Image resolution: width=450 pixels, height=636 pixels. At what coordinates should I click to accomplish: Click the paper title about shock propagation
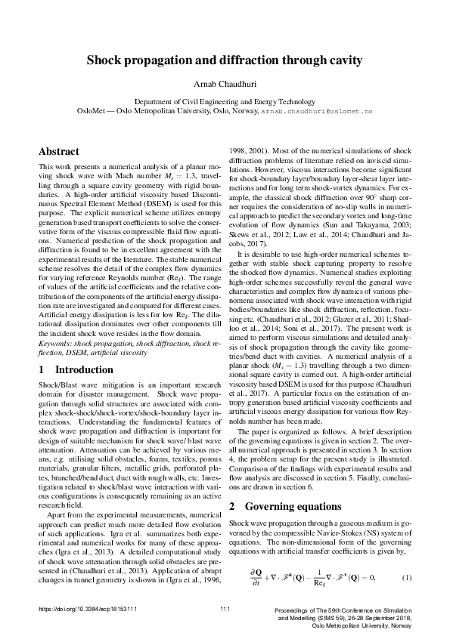(x=225, y=60)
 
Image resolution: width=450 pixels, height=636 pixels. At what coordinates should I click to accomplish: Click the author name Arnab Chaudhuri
(x=225, y=83)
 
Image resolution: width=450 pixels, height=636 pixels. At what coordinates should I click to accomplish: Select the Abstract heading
(x=58, y=151)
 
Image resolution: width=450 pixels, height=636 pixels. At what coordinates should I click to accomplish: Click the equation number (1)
(x=406, y=579)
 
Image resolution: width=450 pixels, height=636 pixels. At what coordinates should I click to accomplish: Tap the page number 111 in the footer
(x=225, y=609)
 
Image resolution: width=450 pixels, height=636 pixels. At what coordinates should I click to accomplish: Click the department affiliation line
(x=225, y=100)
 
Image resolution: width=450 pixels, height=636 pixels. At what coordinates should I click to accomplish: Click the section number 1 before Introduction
(x=42, y=370)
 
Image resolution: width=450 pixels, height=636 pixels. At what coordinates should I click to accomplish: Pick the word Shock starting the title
(x=104, y=60)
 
